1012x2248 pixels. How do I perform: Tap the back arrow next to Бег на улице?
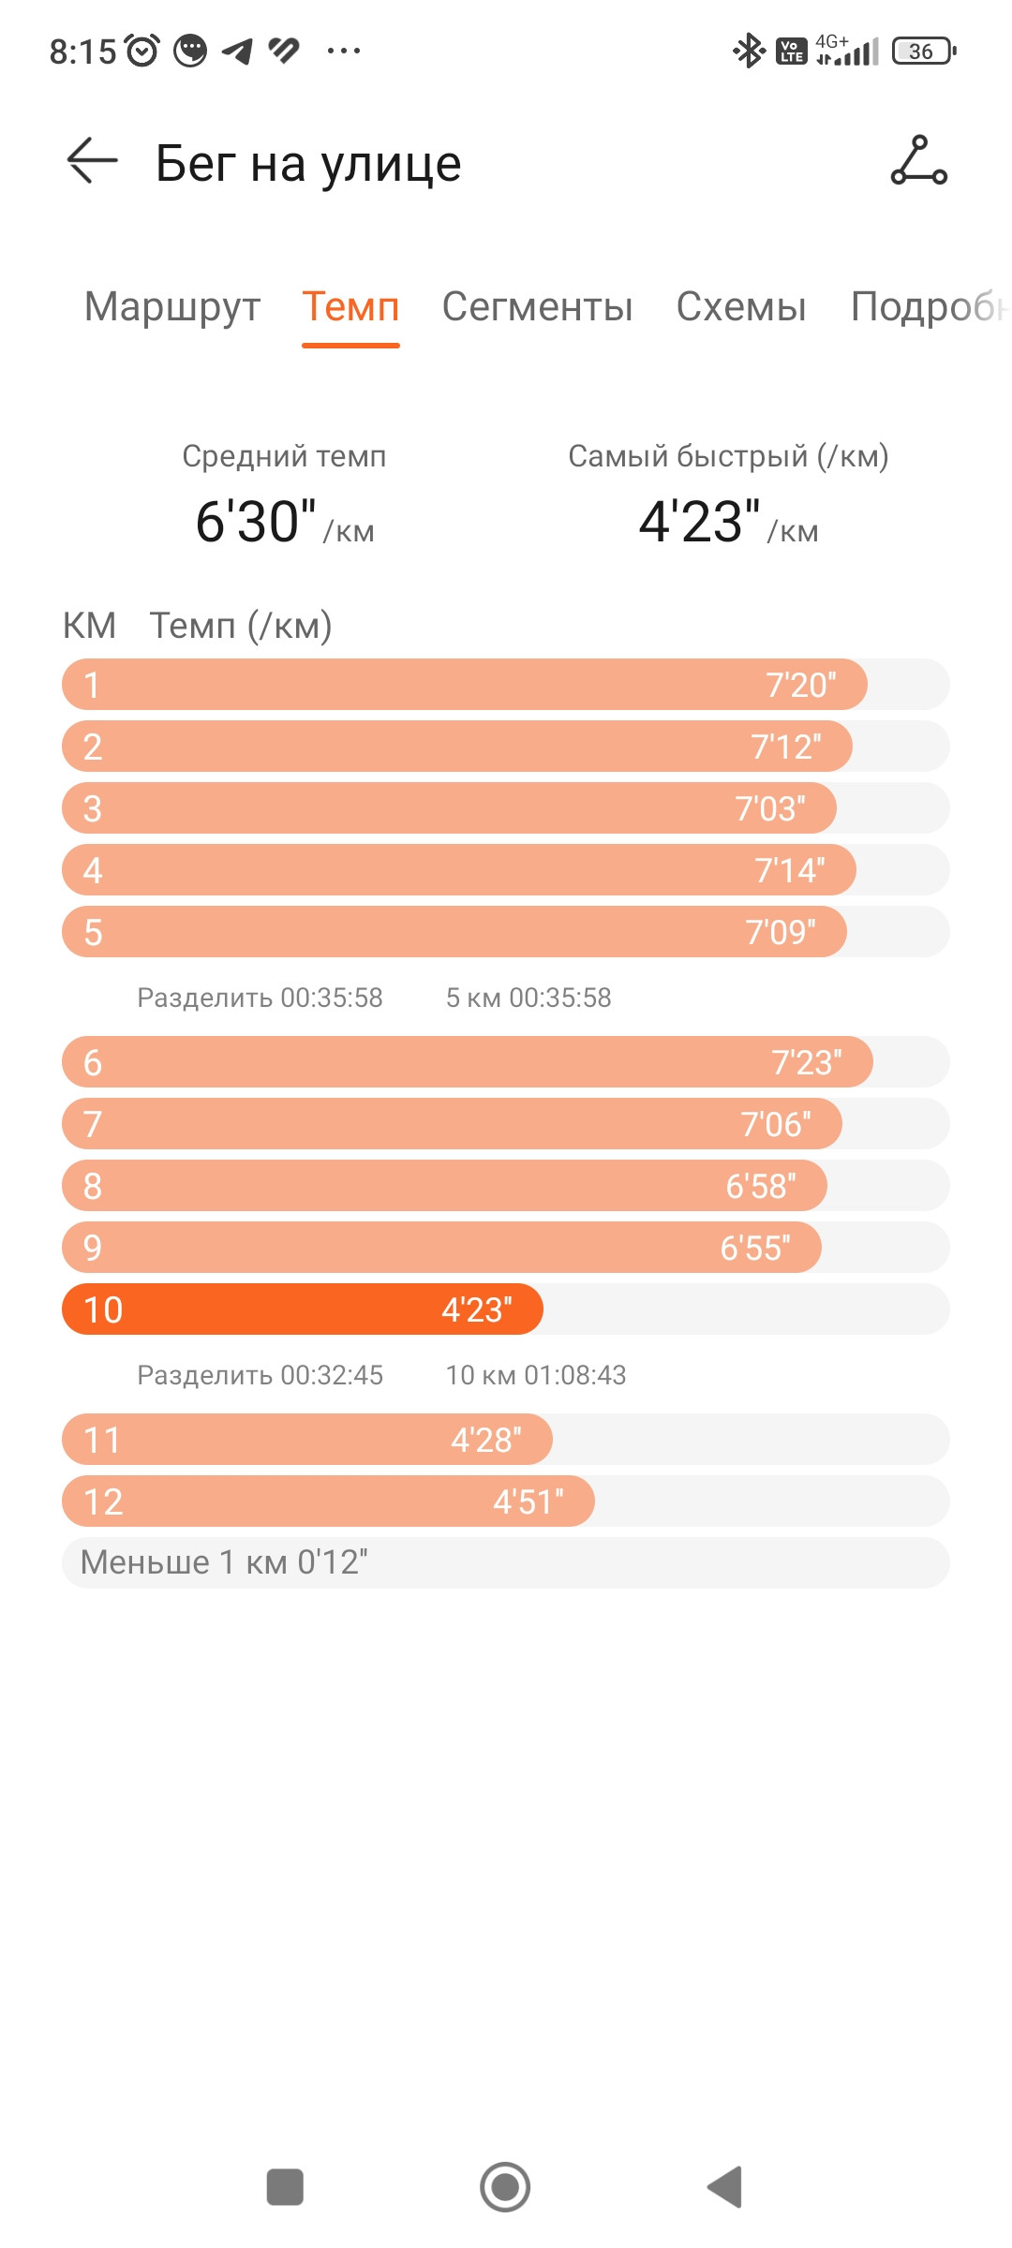click(92, 161)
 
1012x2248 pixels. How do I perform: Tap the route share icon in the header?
click(918, 160)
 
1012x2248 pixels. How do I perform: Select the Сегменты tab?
click(537, 307)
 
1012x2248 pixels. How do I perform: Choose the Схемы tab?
click(741, 307)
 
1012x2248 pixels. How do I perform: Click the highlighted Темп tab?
click(350, 307)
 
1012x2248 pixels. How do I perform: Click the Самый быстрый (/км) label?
click(728, 456)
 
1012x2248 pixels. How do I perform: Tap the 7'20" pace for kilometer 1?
click(801, 685)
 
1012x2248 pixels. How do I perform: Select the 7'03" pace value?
click(770, 808)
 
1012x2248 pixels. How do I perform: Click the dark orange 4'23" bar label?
click(477, 1309)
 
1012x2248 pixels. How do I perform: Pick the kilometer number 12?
click(103, 1501)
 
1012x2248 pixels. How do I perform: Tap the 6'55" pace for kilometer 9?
click(755, 1248)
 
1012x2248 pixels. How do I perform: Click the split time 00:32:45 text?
click(332, 1375)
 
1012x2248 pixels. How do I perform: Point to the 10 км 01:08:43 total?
click(536, 1375)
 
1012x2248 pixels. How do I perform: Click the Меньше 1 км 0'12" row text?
click(224, 1562)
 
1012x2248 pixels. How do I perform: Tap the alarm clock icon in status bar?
click(142, 51)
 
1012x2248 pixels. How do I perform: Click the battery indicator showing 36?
click(925, 51)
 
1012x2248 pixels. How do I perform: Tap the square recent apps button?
click(285, 2187)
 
